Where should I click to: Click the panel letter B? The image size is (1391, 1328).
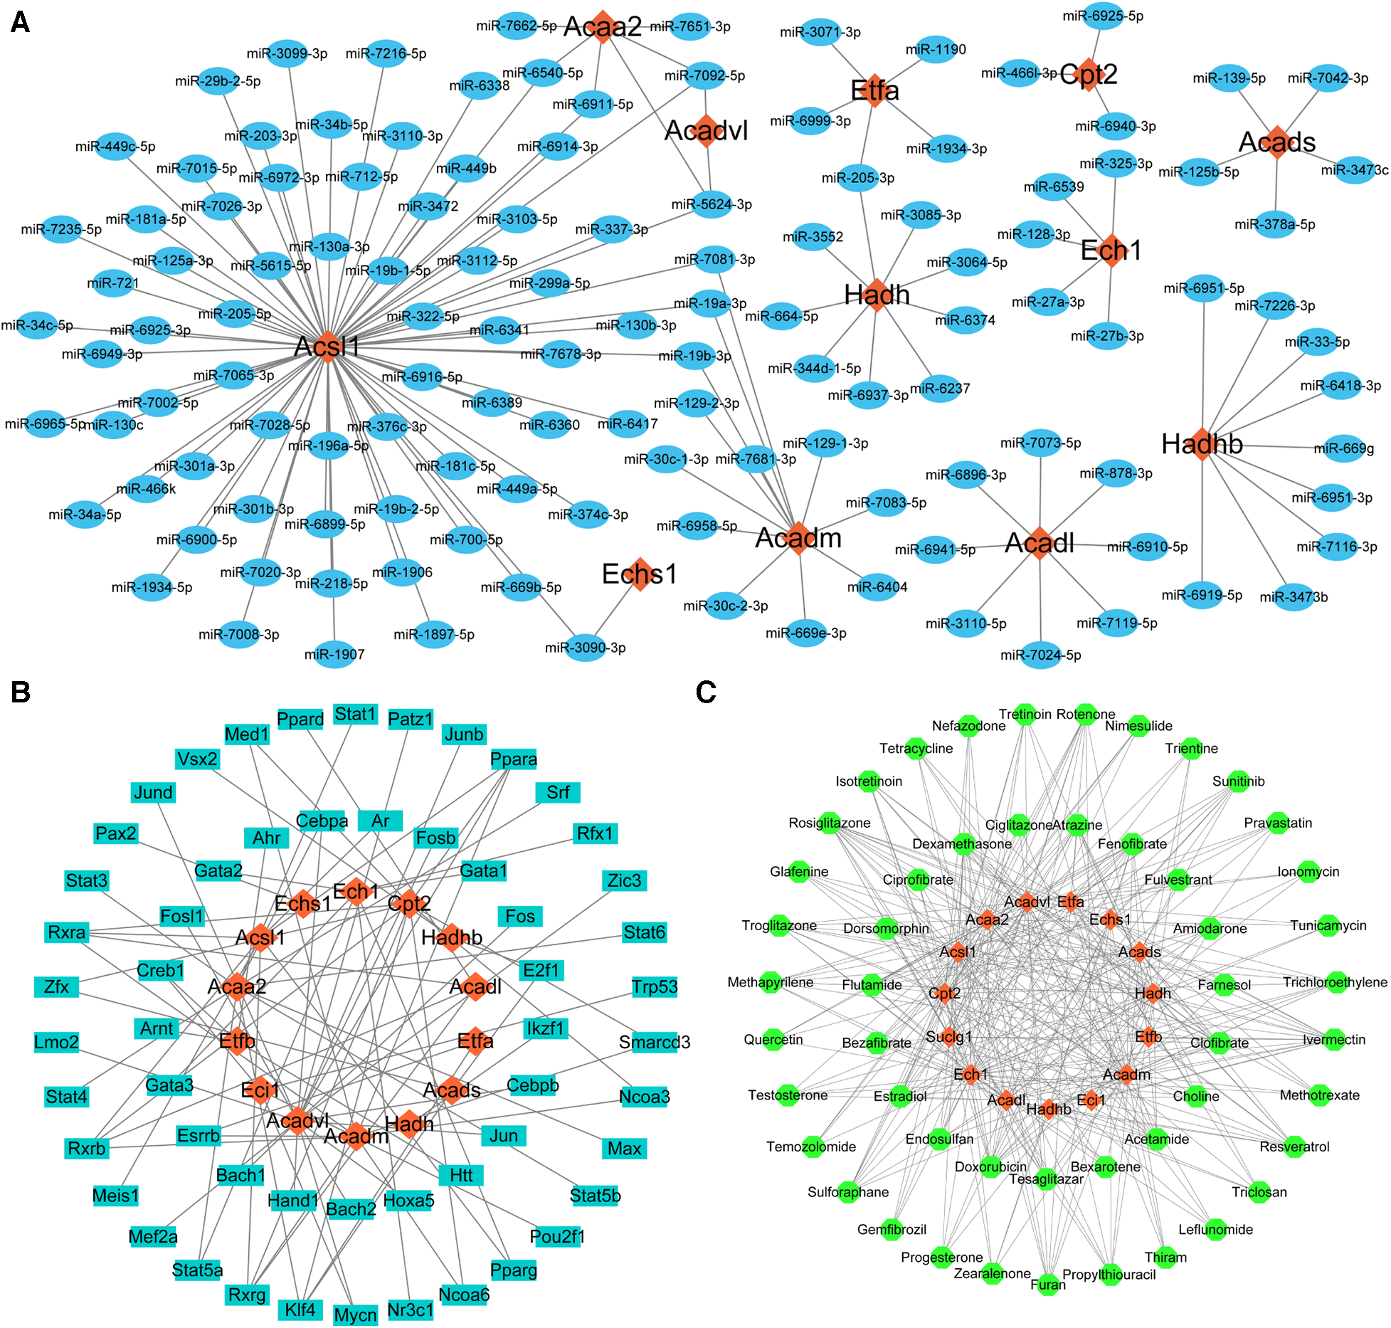click(21, 692)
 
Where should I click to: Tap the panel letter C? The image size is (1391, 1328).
click(706, 692)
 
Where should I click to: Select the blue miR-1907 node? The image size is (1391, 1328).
click(334, 654)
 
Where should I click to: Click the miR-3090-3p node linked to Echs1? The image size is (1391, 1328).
click(585, 648)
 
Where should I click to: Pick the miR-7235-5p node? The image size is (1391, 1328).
click(61, 229)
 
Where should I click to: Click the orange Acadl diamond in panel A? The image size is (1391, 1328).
click(1040, 543)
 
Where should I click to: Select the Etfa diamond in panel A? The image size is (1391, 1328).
click(874, 90)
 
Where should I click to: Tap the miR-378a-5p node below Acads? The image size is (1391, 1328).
click(1274, 224)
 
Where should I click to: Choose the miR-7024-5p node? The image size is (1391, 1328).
click(1040, 655)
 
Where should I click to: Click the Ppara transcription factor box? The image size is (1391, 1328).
click(513, 759)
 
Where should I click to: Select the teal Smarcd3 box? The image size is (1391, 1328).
click(654, 1042)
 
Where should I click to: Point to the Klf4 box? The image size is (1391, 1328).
click(300, 1309)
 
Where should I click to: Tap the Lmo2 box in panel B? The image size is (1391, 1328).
click(56, 1042)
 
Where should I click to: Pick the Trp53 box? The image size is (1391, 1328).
click(654, 986)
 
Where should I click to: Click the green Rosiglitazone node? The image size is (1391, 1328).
click(830, 823)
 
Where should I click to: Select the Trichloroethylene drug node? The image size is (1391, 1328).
click(1336, 982)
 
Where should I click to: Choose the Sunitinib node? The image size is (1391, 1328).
click(1238, 781)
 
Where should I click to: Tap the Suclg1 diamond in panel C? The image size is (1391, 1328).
click(949, 1036)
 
